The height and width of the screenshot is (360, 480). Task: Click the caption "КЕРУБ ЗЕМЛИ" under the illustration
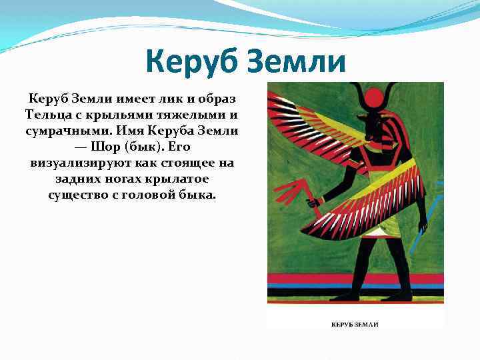355,324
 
